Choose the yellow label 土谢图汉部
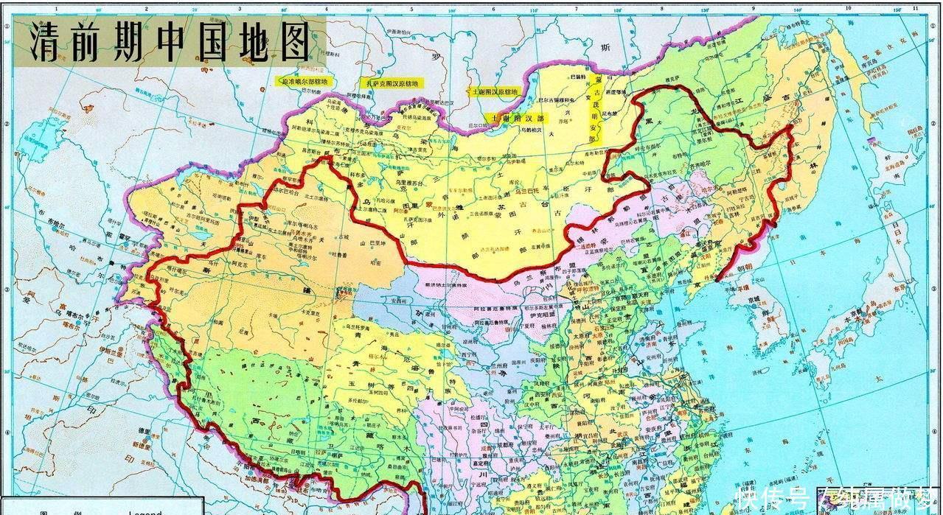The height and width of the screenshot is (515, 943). (515, 118)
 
